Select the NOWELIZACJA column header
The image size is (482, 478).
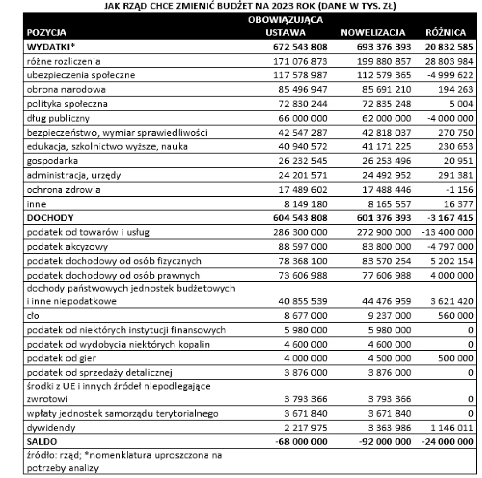373,32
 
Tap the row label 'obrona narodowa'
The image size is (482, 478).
66,89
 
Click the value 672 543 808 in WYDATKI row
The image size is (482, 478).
300,47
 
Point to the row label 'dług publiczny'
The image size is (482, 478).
58,118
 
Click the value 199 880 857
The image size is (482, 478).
384,61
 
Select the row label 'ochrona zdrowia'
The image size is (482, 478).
64,190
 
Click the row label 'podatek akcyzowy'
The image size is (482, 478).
67,247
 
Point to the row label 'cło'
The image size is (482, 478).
33,316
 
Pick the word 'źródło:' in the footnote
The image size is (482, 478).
40,455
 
